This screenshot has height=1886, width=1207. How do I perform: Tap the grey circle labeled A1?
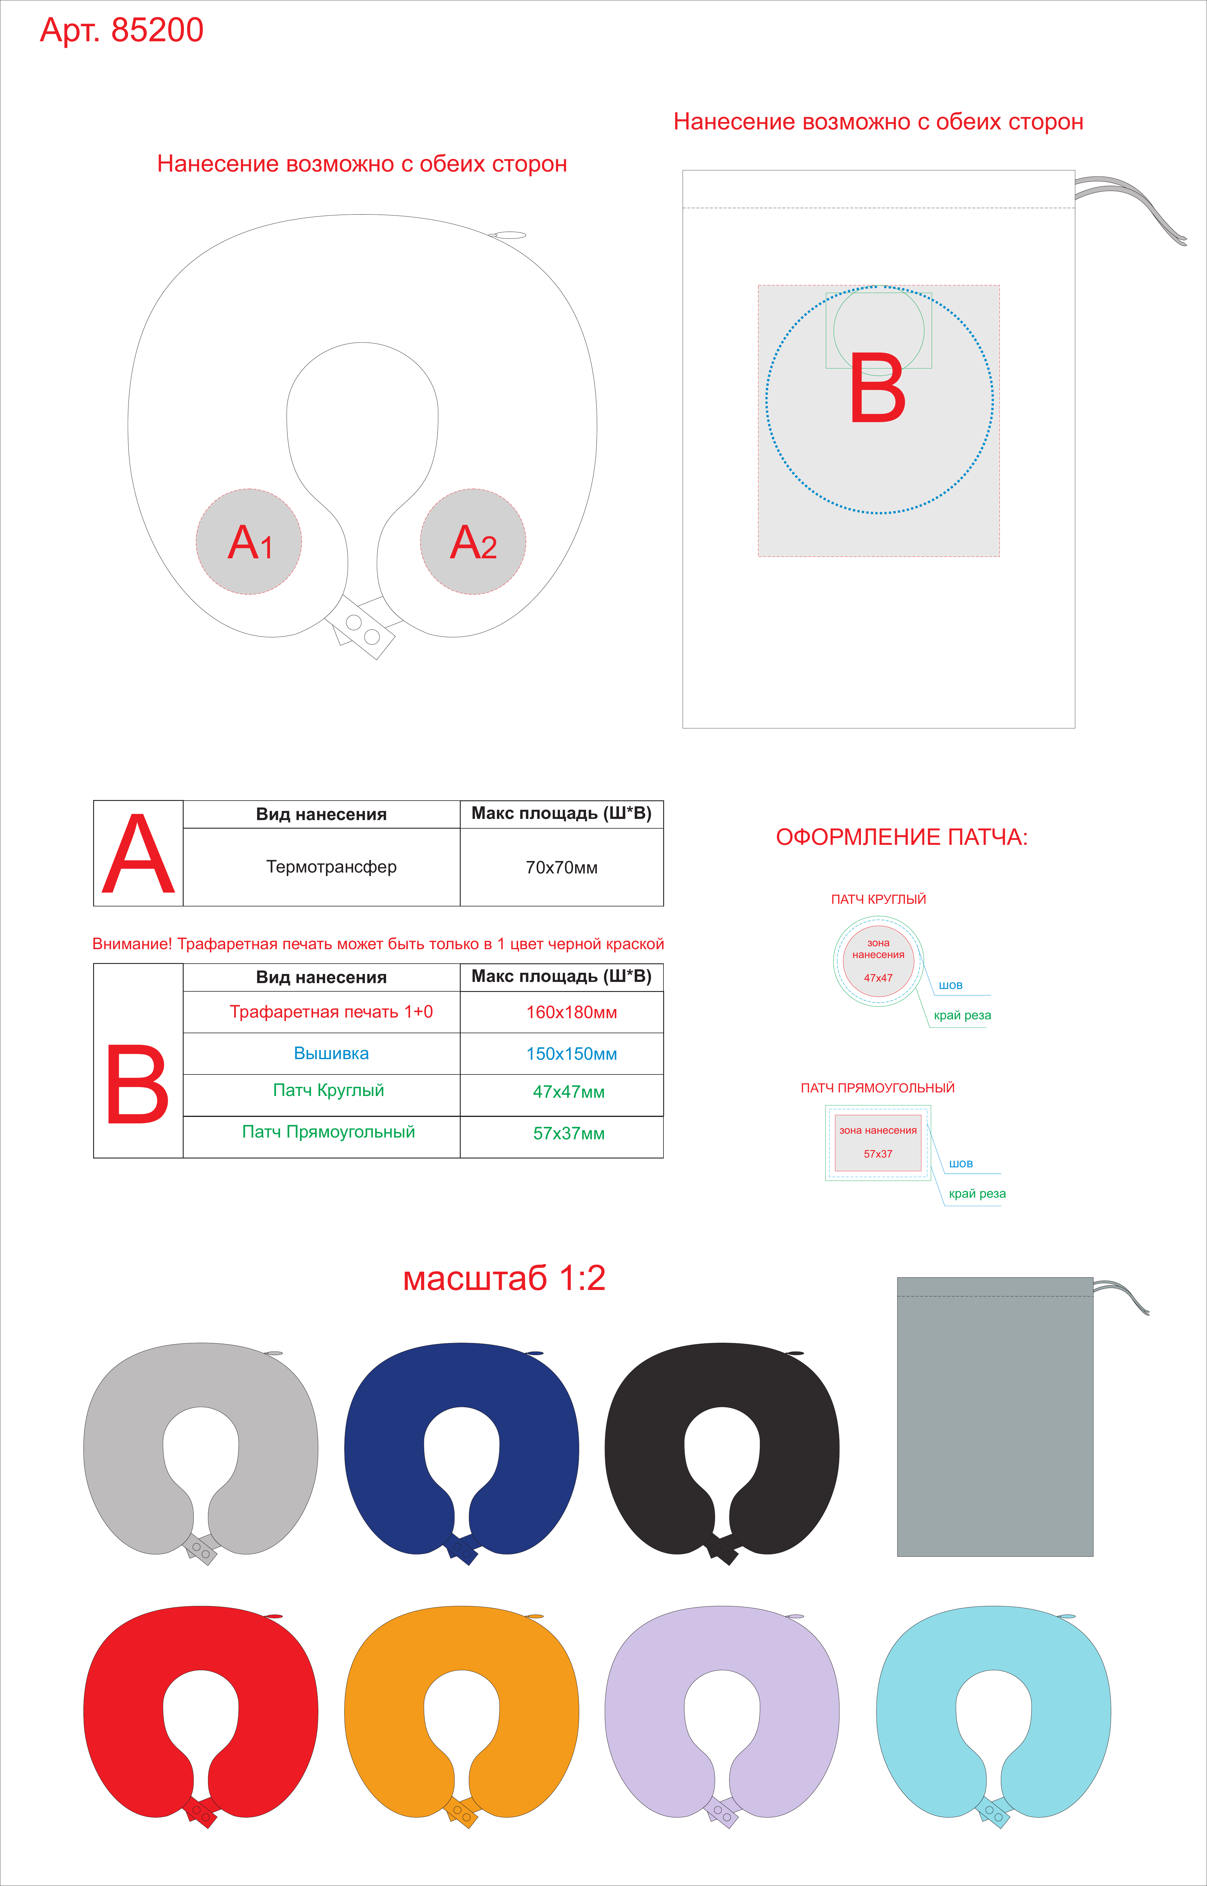coord(248,542)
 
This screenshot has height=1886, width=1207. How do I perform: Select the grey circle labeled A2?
coord(472,542)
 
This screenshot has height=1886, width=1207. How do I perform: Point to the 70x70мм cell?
coord(561,867)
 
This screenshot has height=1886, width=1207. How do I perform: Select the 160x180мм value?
coord(571,1012)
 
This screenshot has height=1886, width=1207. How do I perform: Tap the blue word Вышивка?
coord(331,1053)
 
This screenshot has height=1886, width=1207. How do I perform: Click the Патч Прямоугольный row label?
coord(328,1132)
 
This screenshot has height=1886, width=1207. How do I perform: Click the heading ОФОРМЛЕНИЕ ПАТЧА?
coord(901,837)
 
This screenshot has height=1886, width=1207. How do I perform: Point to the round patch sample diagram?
coord(878,961)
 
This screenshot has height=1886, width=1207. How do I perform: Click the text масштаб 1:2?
coord(504,1278)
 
